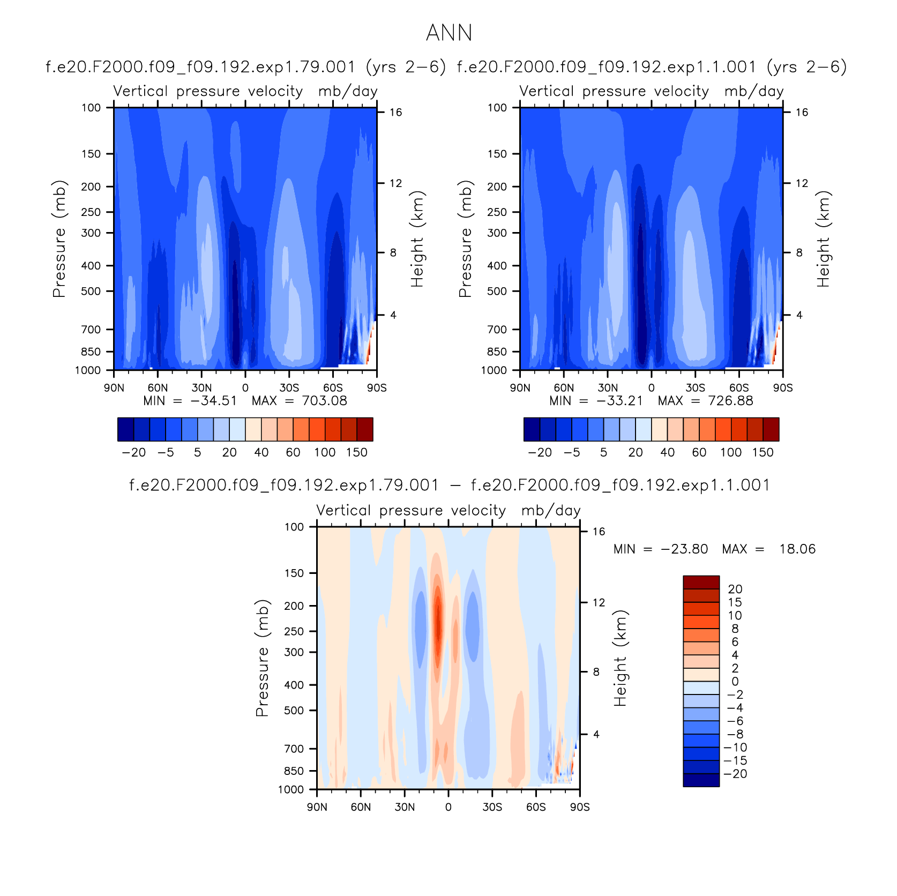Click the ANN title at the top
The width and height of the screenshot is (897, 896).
[449, 33]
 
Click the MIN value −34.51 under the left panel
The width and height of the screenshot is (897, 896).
[213, 401]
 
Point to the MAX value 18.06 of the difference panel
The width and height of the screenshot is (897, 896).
[797, 549]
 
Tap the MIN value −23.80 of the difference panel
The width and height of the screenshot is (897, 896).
[684, 549]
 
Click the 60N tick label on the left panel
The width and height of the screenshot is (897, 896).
[158, 388]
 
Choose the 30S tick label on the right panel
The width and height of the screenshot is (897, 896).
[695, 388]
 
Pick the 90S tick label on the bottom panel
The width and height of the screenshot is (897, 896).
[580, 807]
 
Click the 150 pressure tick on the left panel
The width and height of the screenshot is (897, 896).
[91, 154]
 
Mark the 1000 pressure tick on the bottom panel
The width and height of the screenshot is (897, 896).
[291, 789]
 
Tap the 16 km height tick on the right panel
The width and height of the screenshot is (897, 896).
[802, 112]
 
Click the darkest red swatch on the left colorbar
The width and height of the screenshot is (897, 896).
[365, 429]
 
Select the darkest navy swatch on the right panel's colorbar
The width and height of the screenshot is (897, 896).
[532, 429]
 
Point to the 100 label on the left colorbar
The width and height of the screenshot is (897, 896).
[325, 452]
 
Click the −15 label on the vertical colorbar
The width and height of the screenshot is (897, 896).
[735, 760]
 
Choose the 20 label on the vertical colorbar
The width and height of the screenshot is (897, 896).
[735, 589]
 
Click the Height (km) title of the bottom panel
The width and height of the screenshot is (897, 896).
[620, 658]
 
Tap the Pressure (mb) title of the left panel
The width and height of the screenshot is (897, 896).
[59, 238]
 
